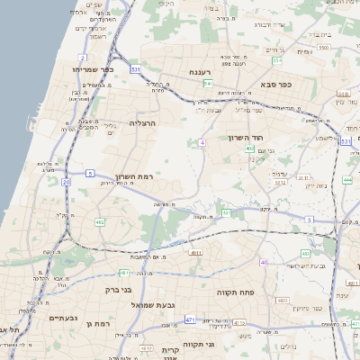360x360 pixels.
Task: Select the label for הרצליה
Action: point(143,122)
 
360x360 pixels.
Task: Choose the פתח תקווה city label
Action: point(238,292)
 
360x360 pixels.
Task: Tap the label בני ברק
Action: point(112,290)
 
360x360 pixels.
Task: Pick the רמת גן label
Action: point(96,323)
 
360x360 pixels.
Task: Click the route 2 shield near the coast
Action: point(83,57)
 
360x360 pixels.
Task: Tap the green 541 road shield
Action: point(207,83)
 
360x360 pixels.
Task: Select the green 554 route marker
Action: point(277,60)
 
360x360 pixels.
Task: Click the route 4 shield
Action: point(203,142)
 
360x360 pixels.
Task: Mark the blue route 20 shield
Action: point(66,182)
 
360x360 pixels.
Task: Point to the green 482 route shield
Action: point(100,221)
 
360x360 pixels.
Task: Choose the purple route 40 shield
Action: point(264,262)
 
